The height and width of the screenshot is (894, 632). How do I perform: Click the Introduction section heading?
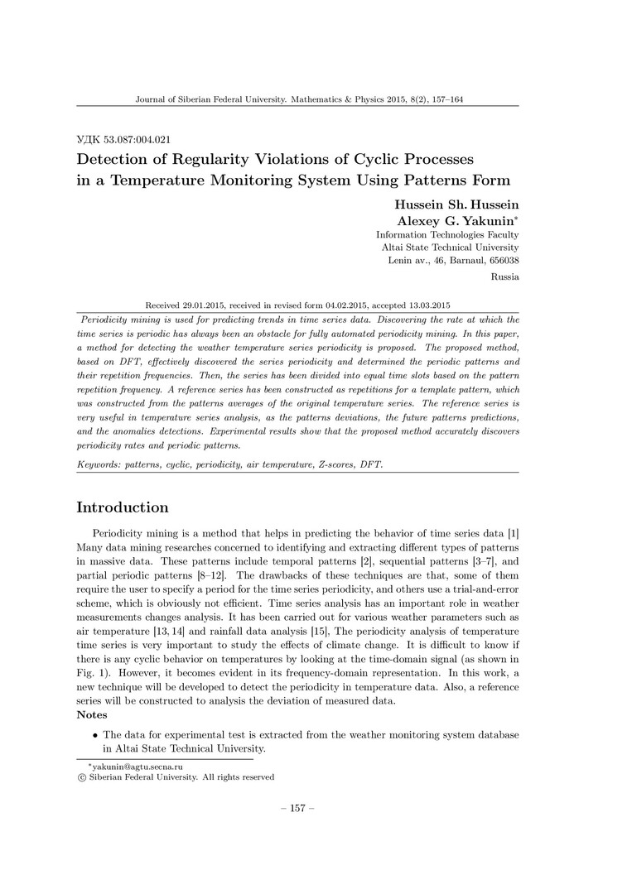coord(123,507)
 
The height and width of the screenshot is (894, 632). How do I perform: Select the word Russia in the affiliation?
coord(505,277)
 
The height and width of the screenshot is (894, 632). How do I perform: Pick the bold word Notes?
coord(92,714)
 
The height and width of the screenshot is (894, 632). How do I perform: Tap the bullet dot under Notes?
coord(96,735)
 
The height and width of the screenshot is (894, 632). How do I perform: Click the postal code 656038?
coord(502,261)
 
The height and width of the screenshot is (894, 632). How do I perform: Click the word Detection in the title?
coord(116,158)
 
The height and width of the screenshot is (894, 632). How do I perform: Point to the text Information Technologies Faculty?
coord(447,234)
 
